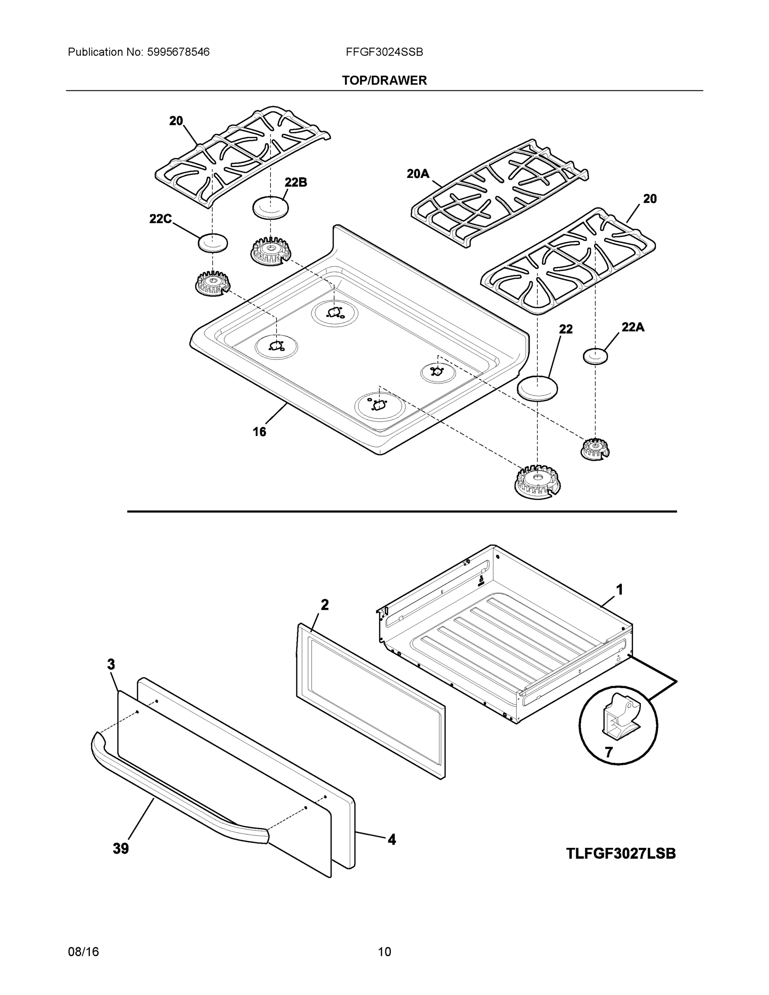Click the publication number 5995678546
tap(178, 52)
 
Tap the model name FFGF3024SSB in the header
tap(384, 52)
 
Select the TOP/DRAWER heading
tap(384, 81)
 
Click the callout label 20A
tap(418, 174)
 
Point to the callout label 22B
tap(296, 182)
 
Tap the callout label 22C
tap(160, 219)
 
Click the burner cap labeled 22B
tap(271, 208)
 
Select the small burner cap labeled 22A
tap(595, 356)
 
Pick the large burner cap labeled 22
tap(537, 388)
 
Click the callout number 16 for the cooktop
tap(259, 432)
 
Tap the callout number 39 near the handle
tap(121, 848)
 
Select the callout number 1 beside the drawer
tap(620, 590)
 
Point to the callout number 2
tap(324, 604)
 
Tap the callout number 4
tap(391, 839)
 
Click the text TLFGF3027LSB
tap(621, 853)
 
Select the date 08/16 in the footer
tap(83, 951)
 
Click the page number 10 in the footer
tap(384, 951)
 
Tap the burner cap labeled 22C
tap(213, 243)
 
